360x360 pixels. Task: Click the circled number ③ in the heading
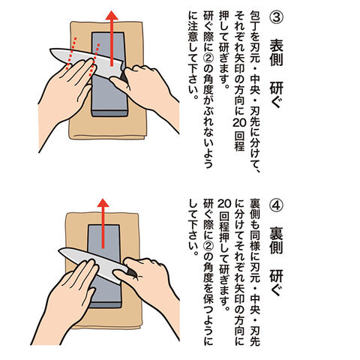point(276,17)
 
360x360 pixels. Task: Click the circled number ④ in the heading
point(276,205)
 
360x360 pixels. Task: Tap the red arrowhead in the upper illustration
point(112,16)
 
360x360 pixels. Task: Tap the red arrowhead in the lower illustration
point(103,202)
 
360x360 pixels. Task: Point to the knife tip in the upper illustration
point(50,49)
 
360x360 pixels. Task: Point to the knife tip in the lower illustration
point(58,250)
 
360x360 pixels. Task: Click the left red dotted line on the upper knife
point(71,53)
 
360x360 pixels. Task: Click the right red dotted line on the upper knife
point(94,60)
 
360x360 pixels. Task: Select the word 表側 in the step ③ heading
point(276,54)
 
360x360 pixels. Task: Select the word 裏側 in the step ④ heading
point(276,242)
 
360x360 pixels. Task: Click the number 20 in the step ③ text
point(240,122)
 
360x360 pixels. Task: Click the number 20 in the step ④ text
point(224,204)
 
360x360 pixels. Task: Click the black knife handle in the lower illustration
point(131,273)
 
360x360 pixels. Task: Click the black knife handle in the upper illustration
point(124,77)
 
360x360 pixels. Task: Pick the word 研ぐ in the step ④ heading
point(276,283)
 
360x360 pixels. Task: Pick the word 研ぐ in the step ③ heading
point(276,94)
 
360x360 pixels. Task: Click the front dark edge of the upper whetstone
point(109,113)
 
